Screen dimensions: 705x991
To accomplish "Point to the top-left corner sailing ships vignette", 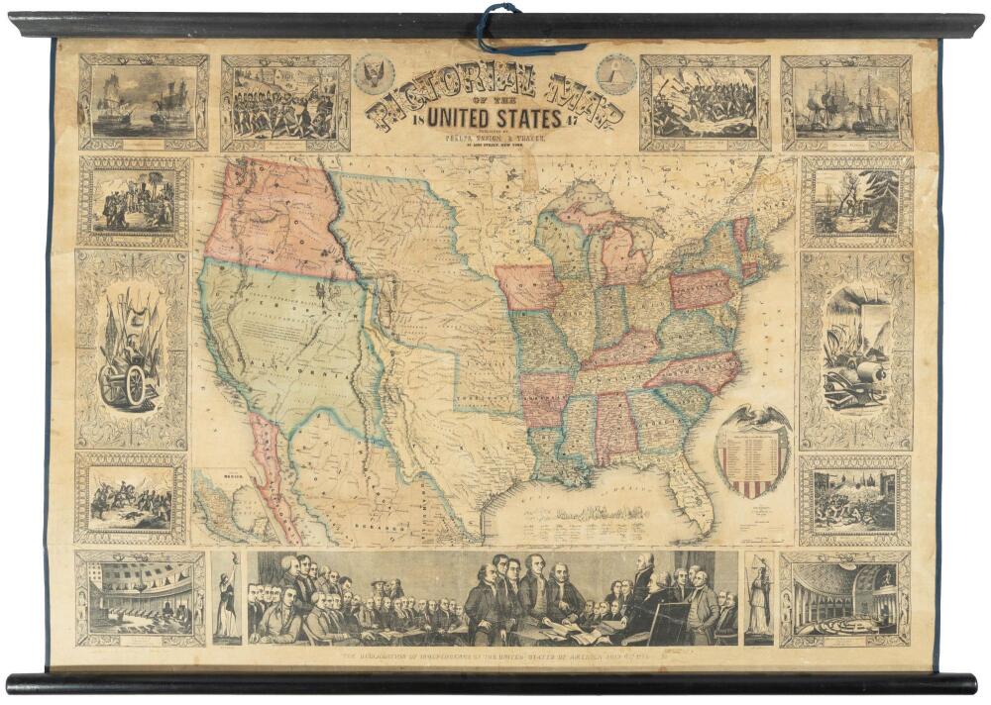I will pyautogui.click(x=144, y=102).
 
